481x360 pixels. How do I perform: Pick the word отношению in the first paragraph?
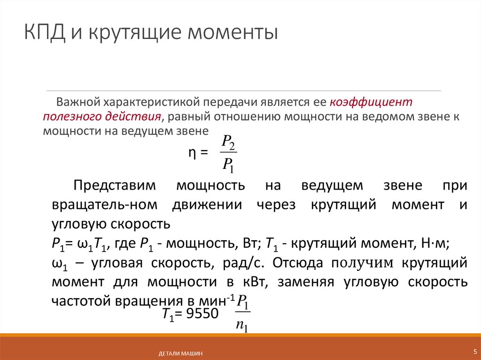tap(254, 116)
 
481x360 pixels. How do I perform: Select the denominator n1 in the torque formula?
tap(242, 325)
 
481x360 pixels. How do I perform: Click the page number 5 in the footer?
tap(474, 352)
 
